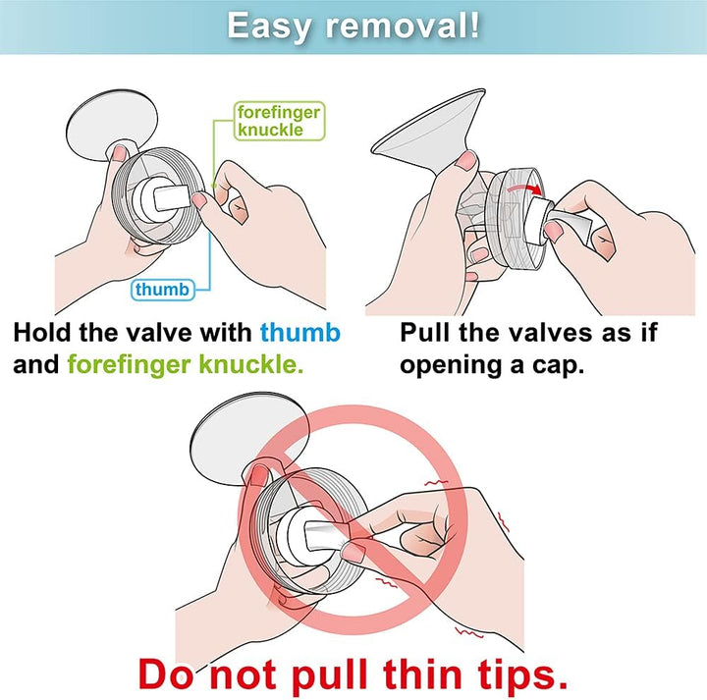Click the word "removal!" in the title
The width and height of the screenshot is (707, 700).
pyautogui.click(x=403, y=26)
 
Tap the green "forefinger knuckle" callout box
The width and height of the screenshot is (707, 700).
pyautogui.click(x=278, y=121)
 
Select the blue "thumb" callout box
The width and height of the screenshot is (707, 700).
pyautogui.click(x=161, y=289)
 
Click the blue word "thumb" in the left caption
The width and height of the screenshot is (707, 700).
pyautogui.click(x=300, y=333)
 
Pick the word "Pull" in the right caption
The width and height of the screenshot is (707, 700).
pyautogui.click(x=428, y=333)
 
